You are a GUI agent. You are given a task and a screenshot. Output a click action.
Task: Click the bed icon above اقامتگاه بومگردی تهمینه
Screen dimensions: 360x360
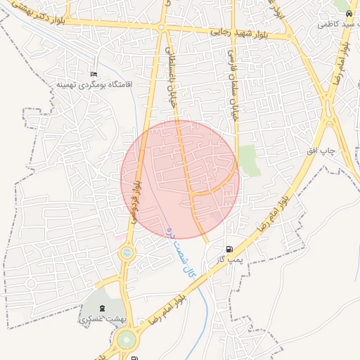point(94,74)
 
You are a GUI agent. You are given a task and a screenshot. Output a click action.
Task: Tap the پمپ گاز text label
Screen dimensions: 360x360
point(229,259)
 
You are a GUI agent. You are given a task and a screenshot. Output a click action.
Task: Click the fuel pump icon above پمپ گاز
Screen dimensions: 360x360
point(230,249)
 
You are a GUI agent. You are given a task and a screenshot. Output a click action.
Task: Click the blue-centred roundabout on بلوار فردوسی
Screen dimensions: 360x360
point(127,252)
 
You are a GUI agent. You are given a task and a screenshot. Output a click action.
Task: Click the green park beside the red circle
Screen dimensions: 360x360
point(247,160)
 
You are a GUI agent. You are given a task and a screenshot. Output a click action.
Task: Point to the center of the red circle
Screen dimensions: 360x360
point(180,179)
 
